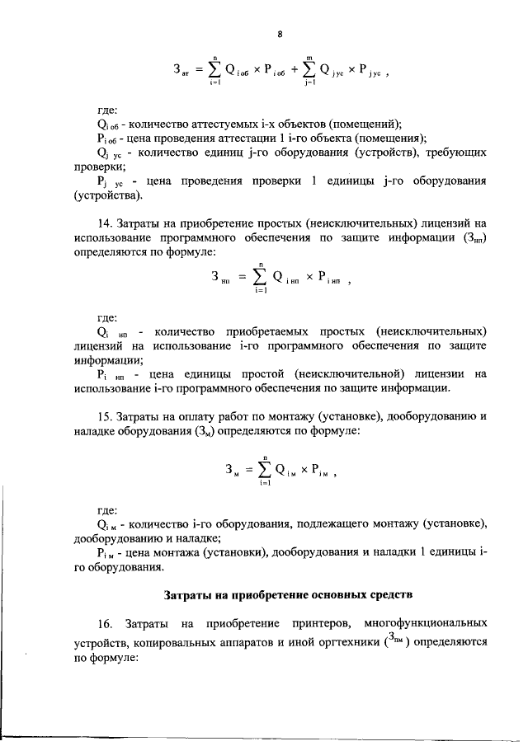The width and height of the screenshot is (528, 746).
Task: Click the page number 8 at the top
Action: pyautogui.click(x=280, y=34)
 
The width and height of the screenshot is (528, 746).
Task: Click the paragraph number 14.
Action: pyautogui.click(x=105, y=222)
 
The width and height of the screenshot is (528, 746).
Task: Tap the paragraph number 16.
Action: pyautogui.click(x=105, y=622)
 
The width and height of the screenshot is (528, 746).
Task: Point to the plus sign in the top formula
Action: pyautogui.click(x=296, y=70)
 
